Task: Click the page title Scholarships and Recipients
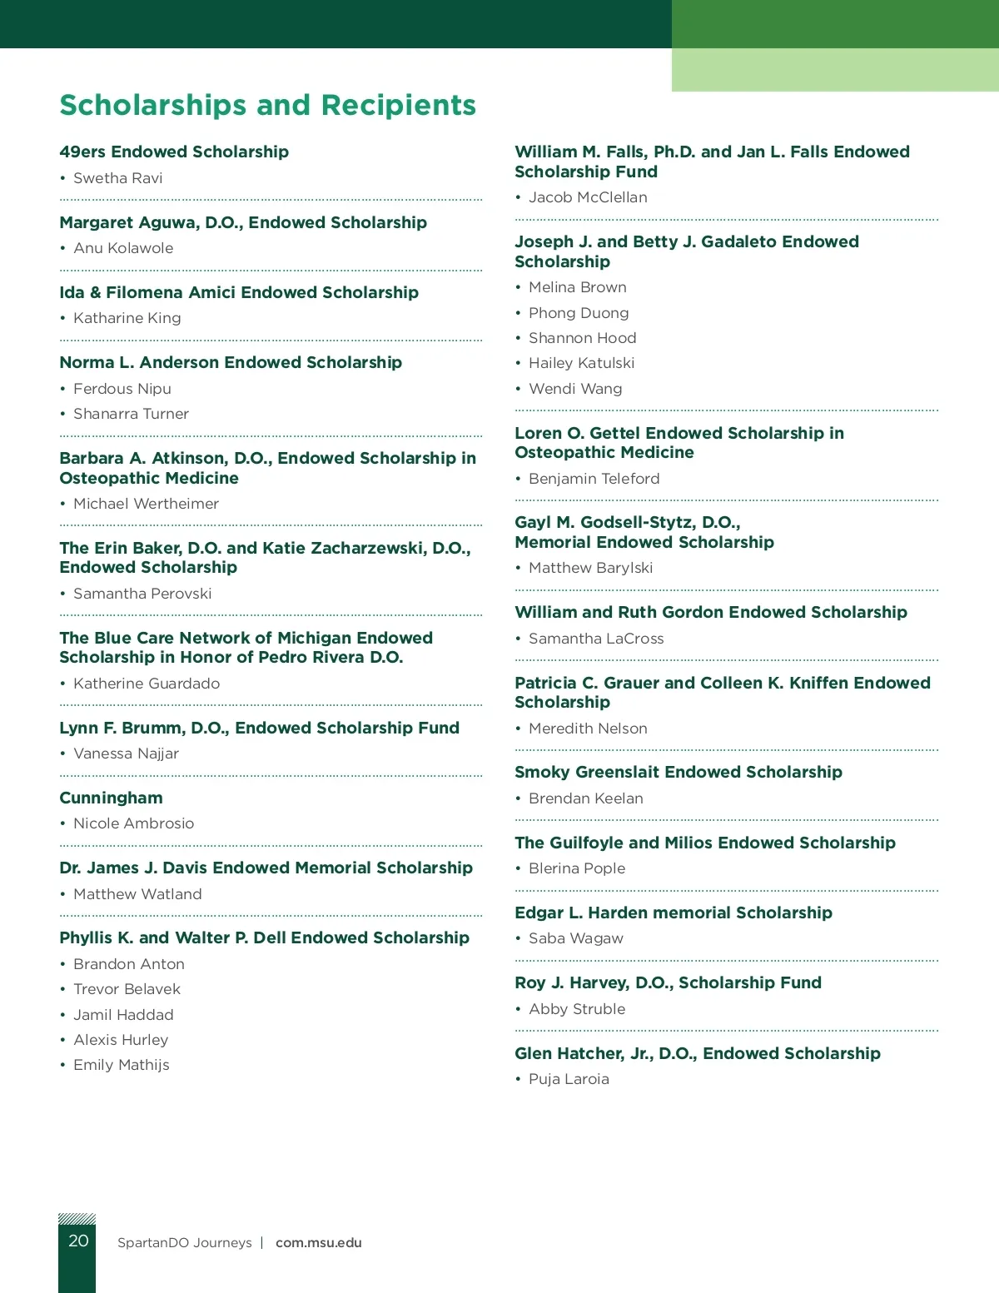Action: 267,106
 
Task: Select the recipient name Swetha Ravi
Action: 117,178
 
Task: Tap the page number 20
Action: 78,1241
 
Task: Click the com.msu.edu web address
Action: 318,1242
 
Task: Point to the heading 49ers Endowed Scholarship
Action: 174,152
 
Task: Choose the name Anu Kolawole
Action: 123,248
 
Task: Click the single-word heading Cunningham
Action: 111,798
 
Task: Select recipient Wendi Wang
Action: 575,389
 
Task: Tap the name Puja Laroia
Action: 569,1079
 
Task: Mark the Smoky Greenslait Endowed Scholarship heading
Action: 678,772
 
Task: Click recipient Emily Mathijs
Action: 121,1065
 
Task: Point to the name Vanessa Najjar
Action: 126,753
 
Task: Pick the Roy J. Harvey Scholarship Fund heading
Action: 668,982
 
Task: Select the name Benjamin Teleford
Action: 594,479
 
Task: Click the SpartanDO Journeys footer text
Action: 184,1242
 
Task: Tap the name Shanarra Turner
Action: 131,414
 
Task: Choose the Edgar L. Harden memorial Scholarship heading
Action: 673,913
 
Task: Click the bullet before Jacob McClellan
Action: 518,197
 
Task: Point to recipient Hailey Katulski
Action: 581,363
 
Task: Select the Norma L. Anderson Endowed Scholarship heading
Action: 231,362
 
